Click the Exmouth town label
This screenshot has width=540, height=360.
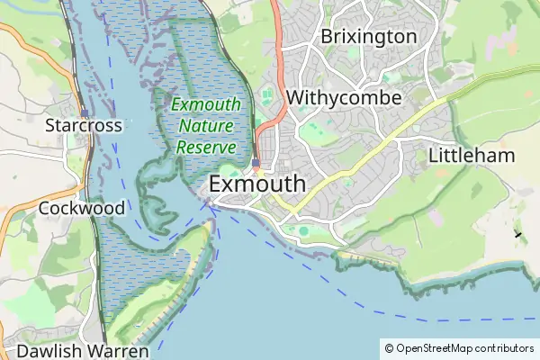point(257,184)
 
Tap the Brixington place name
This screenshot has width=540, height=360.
point(369,37)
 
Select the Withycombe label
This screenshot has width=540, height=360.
point(344,96)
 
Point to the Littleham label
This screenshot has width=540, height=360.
point(472,155)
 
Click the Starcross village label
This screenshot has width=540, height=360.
point(84,126)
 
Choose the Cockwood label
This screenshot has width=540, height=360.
point(82,208)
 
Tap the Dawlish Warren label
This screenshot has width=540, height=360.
point(82,350)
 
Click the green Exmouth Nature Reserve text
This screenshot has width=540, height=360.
point(206,126)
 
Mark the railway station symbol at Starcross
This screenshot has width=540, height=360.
point(83,112)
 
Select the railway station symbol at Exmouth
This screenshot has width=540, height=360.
point(256,164)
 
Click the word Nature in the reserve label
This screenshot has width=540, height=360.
point(206,126)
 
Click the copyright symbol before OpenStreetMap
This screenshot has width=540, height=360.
point(389,348)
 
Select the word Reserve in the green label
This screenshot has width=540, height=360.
point(206,147)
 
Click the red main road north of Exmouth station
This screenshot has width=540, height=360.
point(280,90)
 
